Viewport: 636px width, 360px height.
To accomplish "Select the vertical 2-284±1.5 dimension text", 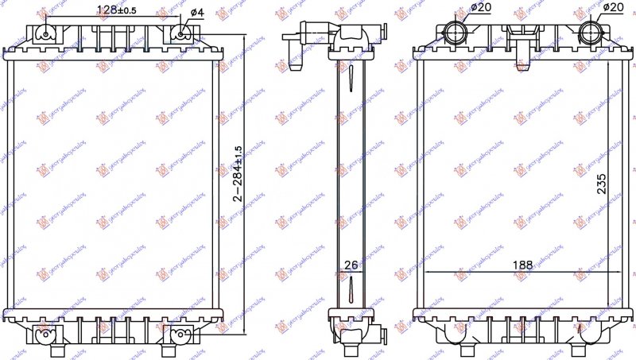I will click(237, 174).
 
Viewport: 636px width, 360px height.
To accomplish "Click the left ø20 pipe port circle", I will click(456, 32).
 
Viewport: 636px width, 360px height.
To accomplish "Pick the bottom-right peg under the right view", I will click(590, 342).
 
